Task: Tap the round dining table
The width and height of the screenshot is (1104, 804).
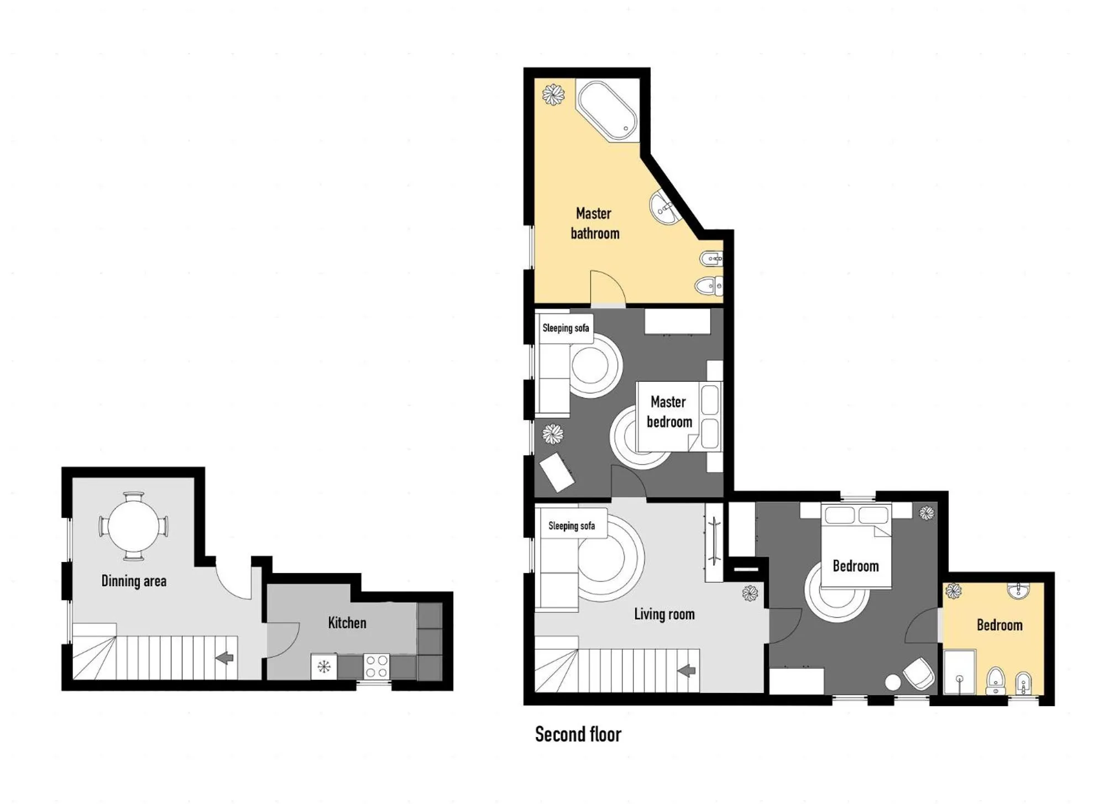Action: click(x=133, y=526)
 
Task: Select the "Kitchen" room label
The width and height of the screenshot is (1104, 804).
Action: click(x=347, y=623)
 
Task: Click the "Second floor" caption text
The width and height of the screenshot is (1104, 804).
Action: click(x=578, y=734)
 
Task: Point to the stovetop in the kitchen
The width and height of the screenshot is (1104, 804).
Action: click(x=376, y=666)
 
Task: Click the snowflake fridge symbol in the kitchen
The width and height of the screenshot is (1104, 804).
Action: click(x=323, y=666)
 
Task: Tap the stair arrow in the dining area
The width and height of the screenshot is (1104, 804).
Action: click(x=225, y=658)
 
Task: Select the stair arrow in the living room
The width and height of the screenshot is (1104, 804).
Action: click(x=687, y=671)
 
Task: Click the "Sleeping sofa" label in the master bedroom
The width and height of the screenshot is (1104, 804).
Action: click(x=566, y=328)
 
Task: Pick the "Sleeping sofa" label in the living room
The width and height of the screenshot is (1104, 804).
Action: click(x=572, y=526)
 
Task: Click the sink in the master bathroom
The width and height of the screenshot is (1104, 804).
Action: click(x=664, y=208)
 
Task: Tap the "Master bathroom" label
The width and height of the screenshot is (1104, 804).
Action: click(x=594, y=223)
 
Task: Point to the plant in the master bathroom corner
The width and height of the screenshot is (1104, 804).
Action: click(x=553, y=94)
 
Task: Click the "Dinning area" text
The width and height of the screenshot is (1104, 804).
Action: click(x=134, y=581)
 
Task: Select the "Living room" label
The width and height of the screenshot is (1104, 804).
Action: click(x=664, y=614)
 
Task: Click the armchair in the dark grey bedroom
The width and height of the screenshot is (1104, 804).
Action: click(x=918, y=672)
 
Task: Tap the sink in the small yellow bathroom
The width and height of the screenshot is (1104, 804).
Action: click(x=1018, y=591)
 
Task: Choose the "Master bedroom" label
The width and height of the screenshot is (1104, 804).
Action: click(x=669, y=412)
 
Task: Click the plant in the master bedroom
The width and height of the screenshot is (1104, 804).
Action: click(x=552, y=434)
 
